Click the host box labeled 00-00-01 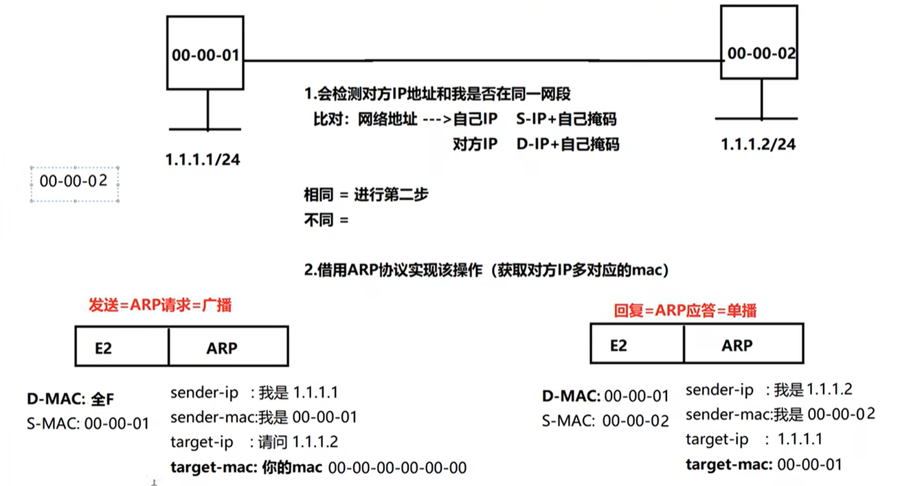click(206, 54)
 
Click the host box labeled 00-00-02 click(758, 42)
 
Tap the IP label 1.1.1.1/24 click(202, 160)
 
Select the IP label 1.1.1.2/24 click(758, 145)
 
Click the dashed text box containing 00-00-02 click(74, 183)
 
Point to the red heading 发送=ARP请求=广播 click(160, 305)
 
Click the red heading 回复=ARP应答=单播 click(685, 311)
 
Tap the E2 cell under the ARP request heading click(121, 348)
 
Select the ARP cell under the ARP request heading click(227, 348)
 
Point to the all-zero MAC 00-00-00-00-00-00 click(398, 468)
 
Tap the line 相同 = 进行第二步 click(366, 195)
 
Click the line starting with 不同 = click(326, 220)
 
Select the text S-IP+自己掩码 click(566, 120)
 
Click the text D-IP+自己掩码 click(567, 144)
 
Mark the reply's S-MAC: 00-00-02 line click(605, 421)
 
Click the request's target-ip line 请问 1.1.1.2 click(254, 442)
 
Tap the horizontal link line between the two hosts click(481, 60)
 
